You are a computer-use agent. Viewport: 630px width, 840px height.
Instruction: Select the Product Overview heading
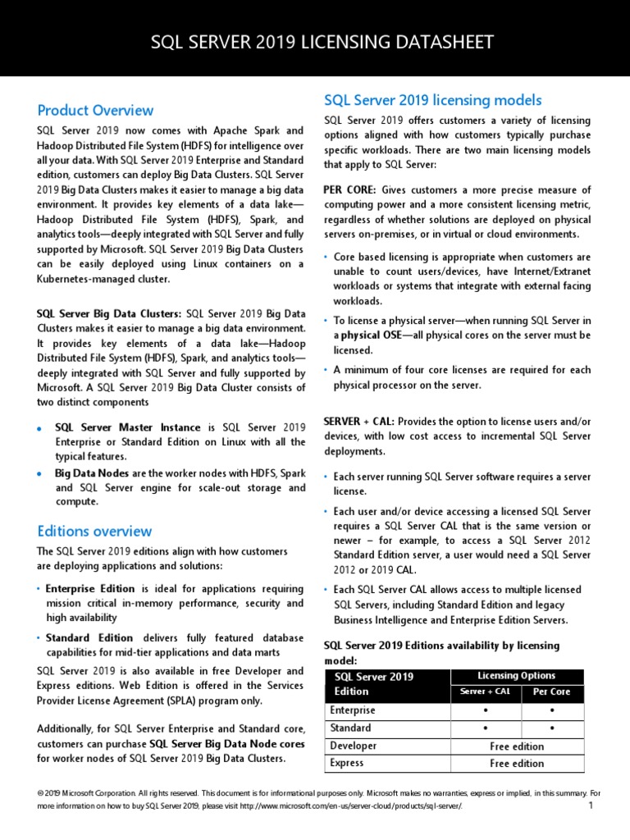point(95,110)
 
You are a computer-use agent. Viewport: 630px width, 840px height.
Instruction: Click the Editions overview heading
point(94,531)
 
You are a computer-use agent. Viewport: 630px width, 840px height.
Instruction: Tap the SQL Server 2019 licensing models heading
point(432,100)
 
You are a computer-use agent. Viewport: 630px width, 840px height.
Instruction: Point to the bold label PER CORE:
point(350,190)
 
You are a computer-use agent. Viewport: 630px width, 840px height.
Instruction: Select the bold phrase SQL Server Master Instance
point(127,427)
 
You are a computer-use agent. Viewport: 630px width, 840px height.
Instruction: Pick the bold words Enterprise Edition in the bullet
point(90,589)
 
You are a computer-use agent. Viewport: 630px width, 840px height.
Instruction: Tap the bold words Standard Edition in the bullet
point(89,637)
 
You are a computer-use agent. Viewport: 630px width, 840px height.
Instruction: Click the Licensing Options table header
point(517,676)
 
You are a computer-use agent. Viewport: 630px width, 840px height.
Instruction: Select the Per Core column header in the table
point(551,692)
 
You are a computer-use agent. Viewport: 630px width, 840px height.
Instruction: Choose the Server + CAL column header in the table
point(485,692)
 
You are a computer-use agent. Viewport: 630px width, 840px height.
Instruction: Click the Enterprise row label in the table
point(353,710)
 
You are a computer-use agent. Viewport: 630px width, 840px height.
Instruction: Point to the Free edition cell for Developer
point(517,746)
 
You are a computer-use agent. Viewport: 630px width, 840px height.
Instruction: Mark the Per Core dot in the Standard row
point(551,728)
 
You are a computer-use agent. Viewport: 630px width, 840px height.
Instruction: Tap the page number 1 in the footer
point(590,806)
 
